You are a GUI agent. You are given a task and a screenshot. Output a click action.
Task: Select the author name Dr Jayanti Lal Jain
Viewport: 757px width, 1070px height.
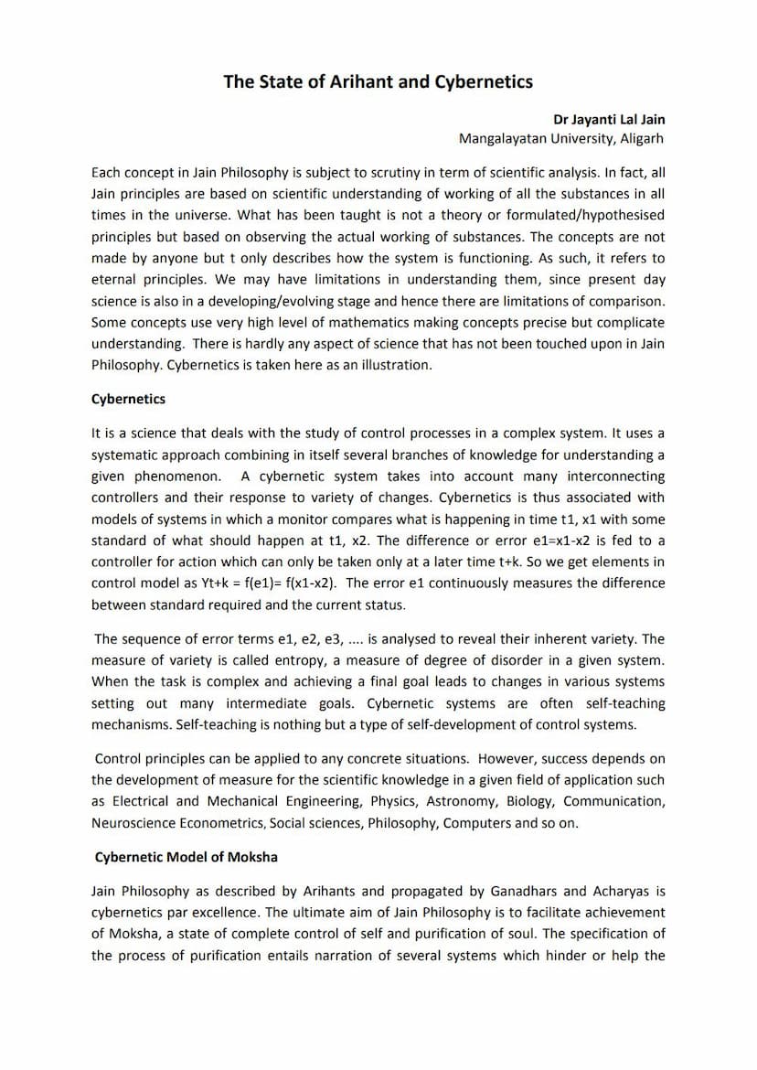point(609,120)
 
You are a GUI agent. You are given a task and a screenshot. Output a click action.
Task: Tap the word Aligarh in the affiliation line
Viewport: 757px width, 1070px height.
point(642,139)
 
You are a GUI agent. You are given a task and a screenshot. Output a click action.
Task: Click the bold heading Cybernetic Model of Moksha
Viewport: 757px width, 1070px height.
point(187,857)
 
